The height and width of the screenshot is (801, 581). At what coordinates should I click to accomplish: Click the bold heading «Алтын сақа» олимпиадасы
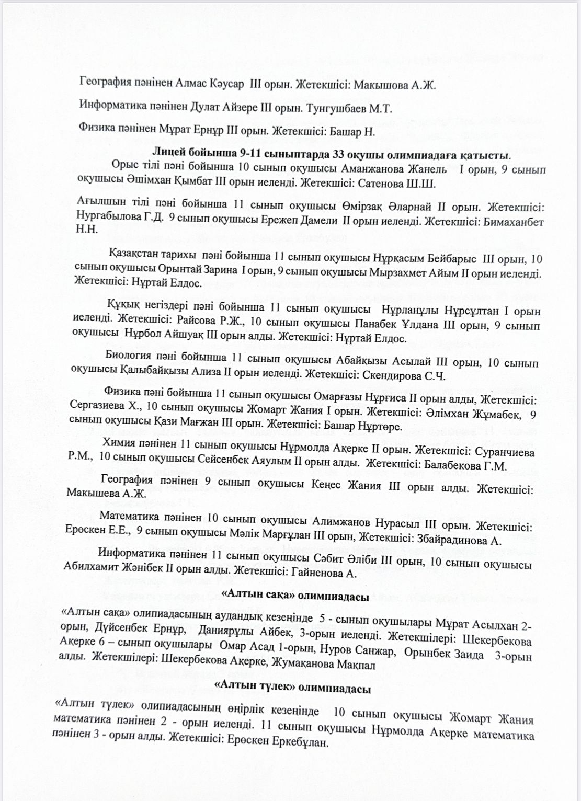[296, 597]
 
